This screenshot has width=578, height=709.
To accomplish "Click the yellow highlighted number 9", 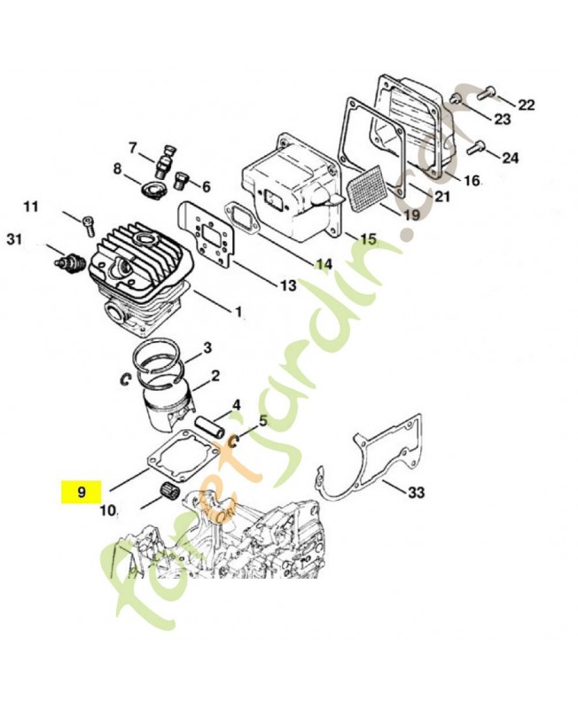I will coord(82,490).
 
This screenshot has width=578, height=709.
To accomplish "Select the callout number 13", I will coord(288,285).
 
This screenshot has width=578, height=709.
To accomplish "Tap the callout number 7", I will coord(133,147).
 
